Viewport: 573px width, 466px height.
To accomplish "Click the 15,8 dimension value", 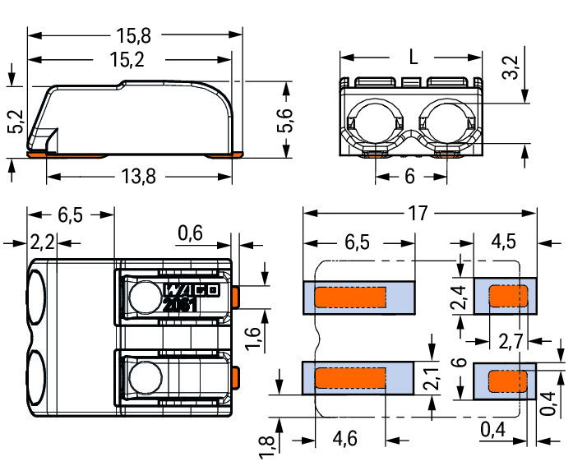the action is [133, 35].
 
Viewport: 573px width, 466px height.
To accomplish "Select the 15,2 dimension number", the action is [127, 59].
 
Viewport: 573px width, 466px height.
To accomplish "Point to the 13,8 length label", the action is [138, 177].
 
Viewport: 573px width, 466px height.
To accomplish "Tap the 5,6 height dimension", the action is [285, 120].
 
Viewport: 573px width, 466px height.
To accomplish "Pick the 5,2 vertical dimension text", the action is [16, 122].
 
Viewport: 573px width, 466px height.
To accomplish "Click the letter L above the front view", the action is [413, 58].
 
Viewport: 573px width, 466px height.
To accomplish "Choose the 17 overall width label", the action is [418, 214].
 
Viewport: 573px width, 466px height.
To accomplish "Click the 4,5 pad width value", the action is [504, 242].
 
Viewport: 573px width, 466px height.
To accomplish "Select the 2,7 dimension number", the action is [511, 342].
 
